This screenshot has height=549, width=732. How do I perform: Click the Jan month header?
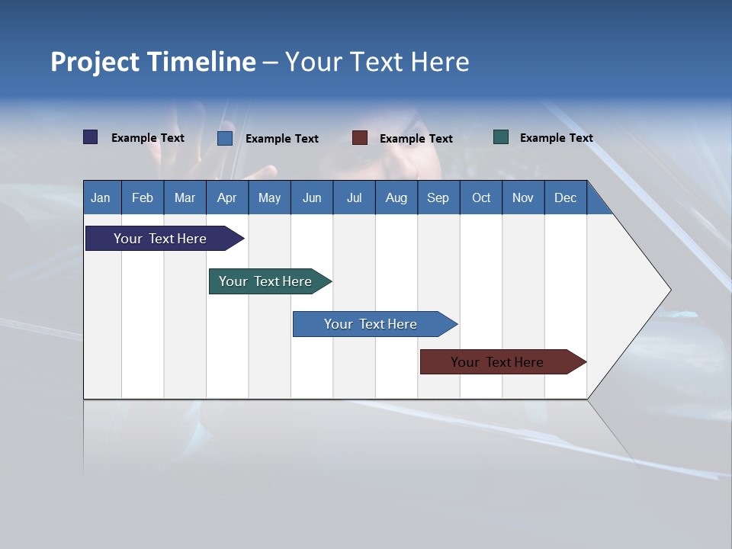pyautogui.click(x=101, y=197)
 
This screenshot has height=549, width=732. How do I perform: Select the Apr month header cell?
pyautogui.click(x=226, y=197)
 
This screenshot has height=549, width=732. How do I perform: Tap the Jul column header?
pyautogui.click(x=354, y=197)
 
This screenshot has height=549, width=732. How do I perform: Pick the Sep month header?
pyautogui.click(x=438, y=197)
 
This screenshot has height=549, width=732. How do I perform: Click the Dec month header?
pyautogui.click(x=565, y=197)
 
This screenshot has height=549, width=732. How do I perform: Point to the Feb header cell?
pyautogui.click(x=143, y=197)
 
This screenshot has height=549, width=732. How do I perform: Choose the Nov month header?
pyautogui.click(x=522, y=197)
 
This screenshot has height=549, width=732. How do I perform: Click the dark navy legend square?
pyautogui.click(x=91, y=137)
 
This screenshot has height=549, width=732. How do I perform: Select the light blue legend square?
pyautogui.click(x=225, y=138)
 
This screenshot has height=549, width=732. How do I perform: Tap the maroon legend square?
pyautogui.click(x=360, y=138)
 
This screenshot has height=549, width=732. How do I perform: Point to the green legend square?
pyautogui.click(x=501, y=137)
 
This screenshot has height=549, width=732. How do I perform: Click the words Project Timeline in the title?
pyautogui.click(x=152, y=62)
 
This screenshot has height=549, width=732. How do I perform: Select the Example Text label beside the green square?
pyautogui.click(x=556, y=138)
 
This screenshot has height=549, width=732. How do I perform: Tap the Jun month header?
pyautogui.click(x=311, y=197)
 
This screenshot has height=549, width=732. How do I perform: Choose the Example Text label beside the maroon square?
pyautogui.click(x=416, y=139)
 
